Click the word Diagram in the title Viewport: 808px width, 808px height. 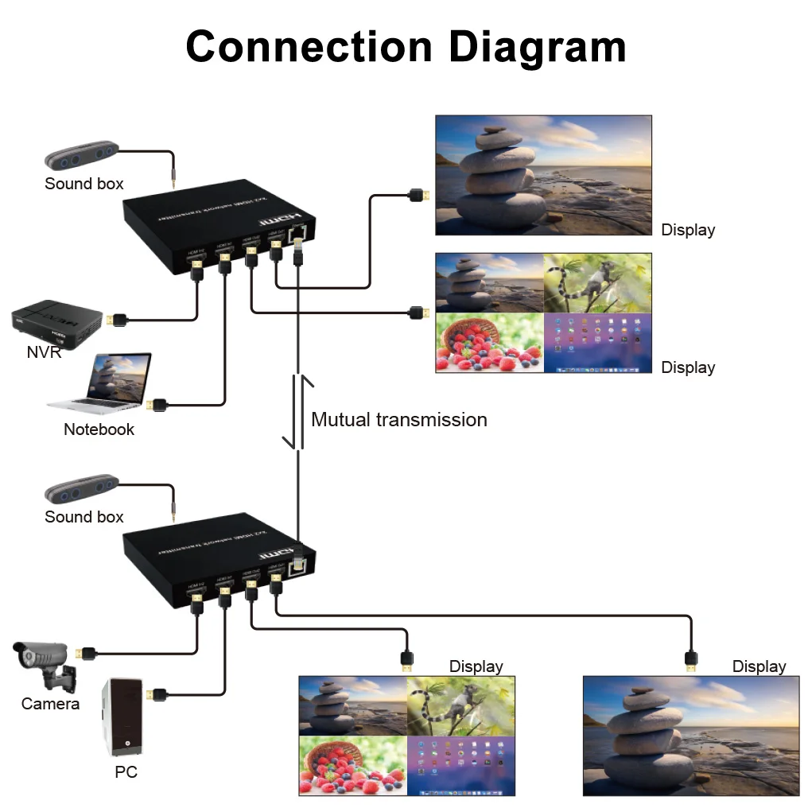click(537, 47)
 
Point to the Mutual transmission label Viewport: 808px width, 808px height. click(398, 420)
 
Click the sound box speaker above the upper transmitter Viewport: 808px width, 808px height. click(80, 156)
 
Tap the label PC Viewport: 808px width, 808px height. click(126, 772)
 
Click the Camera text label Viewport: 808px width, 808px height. click(50, 704)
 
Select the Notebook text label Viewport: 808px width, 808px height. click(99, 429)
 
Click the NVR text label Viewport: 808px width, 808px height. click(44, 352)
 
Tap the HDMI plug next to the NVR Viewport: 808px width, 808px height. click(118, 320)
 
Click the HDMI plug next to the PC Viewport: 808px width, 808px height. click(157, 694)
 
